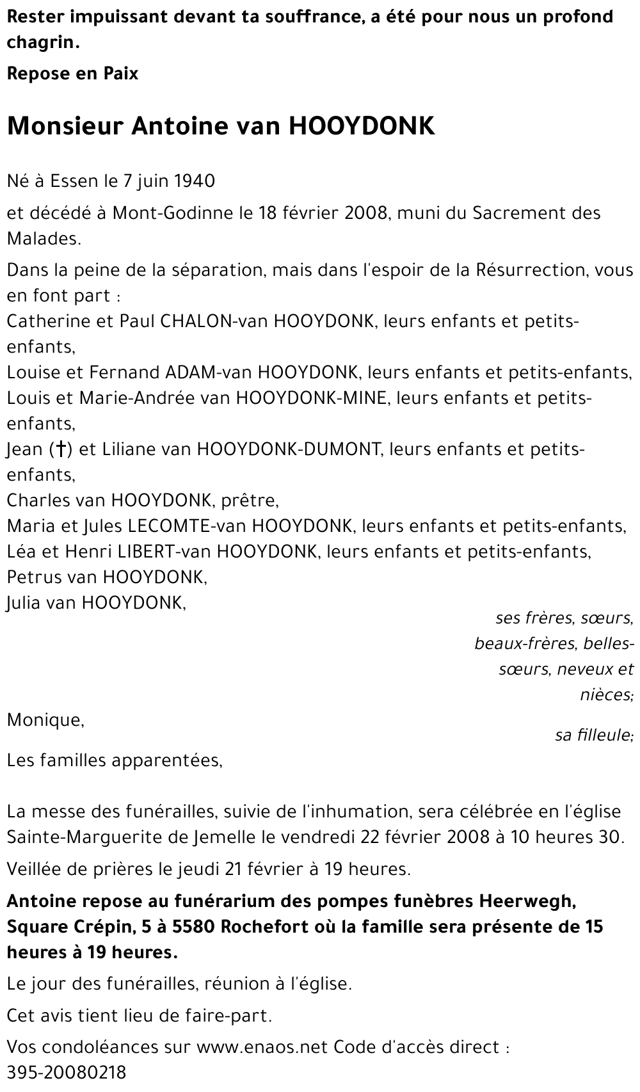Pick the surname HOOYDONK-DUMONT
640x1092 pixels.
point(289,449)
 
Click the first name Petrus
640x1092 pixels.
point(35,577)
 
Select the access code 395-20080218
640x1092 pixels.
point(67,1072)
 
